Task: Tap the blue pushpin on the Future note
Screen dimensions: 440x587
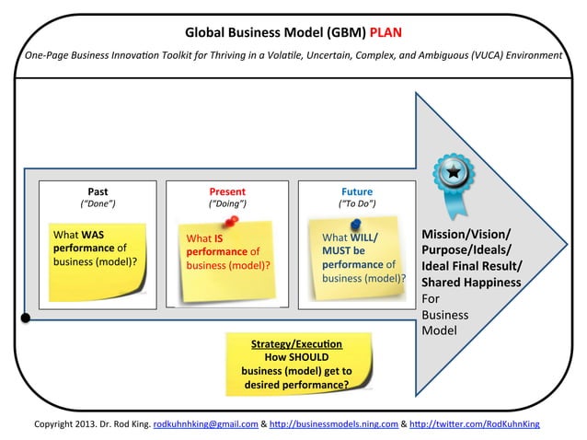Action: tap(356, 224)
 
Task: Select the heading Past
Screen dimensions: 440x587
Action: tap(98, 191)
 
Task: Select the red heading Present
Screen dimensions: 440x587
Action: tap(227, 191)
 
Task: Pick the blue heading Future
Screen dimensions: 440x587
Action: tap(357, 191)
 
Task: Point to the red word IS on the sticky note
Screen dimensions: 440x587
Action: tap(219, 237)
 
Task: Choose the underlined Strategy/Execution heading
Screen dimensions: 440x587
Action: tap(295, 343)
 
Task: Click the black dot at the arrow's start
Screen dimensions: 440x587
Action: tap(25, 318)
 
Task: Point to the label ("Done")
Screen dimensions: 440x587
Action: tap(98, 203)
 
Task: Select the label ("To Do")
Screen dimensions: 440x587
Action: tap(357, 203)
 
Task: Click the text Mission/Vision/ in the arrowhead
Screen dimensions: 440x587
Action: tap(466, 233)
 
